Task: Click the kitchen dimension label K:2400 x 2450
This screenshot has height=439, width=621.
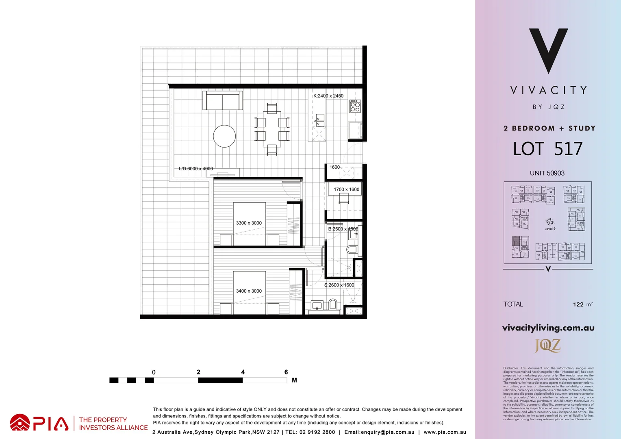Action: point(328,96)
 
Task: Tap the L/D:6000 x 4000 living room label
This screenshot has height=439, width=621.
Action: point(196,169)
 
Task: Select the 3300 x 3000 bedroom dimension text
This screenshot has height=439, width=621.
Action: point(249,223)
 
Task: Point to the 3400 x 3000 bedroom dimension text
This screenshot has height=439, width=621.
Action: point(249,291)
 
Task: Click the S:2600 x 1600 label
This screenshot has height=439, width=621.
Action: point(339,285)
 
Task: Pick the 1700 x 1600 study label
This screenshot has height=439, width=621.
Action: point(346,189)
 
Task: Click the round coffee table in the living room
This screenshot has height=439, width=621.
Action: point(224,136)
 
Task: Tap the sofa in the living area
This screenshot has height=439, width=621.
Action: point(222,100)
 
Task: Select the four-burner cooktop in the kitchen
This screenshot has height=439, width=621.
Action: point(355,106)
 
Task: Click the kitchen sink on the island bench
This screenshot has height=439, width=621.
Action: point(320,121)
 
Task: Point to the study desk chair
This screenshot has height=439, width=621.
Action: point(343,198)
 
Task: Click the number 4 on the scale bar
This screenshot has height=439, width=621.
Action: point(243,372)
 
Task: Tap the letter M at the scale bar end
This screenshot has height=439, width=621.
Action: point(294,380)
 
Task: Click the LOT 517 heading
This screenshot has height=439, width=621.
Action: point(547,149)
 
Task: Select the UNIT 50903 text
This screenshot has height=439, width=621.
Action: point(547,173)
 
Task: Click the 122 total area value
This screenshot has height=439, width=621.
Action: point(578,304)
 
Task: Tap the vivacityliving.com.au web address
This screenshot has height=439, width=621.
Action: point(548,328)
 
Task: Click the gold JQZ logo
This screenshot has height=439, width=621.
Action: point(547,346)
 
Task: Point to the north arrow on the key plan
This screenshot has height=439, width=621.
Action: point(549,222)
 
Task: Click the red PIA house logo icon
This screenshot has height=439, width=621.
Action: point(20,423)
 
